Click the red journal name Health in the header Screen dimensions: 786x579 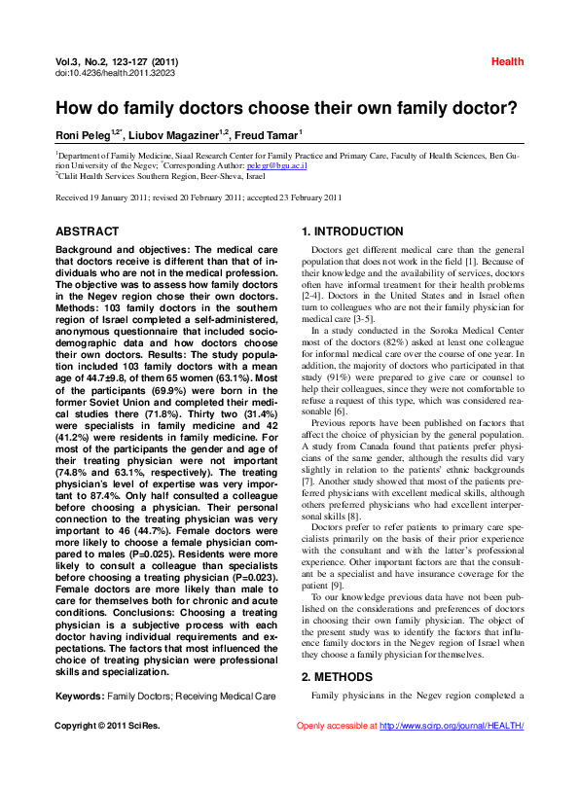click(507, 61)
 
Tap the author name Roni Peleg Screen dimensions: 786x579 click(86, 134)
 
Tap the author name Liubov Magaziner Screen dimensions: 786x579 click(178, 134)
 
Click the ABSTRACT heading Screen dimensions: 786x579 click(88, 232)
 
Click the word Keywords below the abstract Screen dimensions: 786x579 click(79, 697)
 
